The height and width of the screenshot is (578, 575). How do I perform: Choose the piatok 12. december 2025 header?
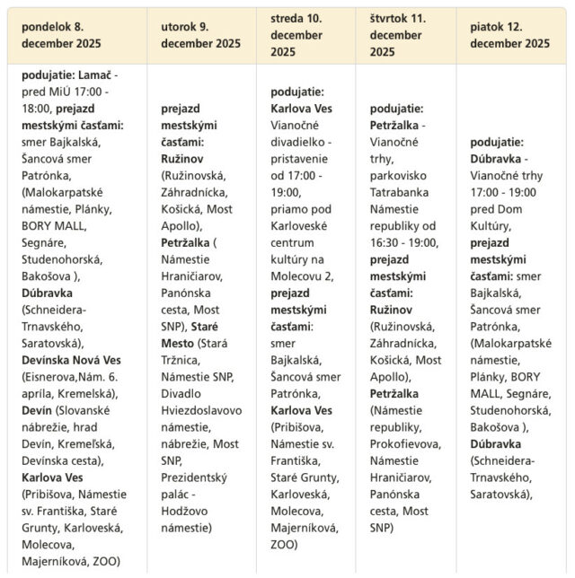[509, 34]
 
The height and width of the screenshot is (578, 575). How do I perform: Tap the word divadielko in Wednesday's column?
[301, 141]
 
